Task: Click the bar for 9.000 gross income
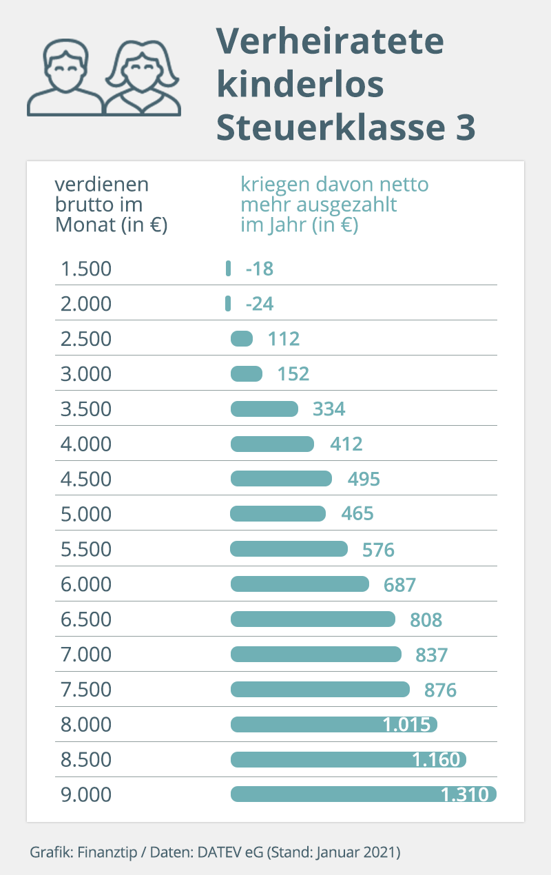tap(363, 794)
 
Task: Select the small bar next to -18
tap(228, 269)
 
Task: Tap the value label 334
tap(329, 409)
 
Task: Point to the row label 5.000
tap(86, 514)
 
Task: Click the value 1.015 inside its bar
tap(406, 725)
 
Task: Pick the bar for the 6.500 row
tap(313, 619)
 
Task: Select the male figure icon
tap(65, 77)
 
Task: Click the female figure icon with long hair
tap(143, 78)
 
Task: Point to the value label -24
tap(260, 304)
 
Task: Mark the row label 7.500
tap(86, 690)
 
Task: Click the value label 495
tap(364, 479)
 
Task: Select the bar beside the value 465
tap(278, 514)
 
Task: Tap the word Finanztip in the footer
tap(107, 852)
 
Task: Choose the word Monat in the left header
tap(85, 225)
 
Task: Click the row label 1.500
tap(86, 269)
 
